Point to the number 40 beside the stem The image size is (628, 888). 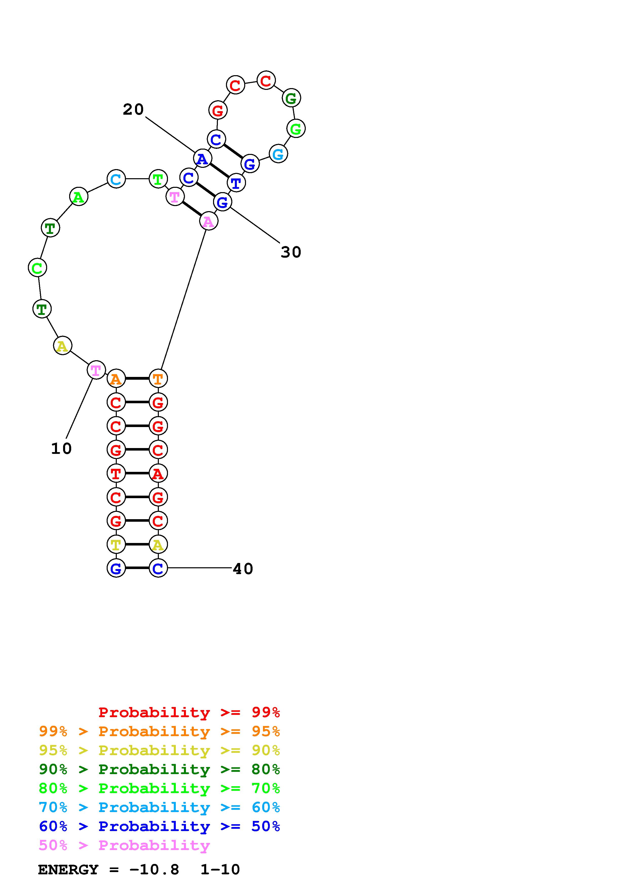click(x=243, y=569)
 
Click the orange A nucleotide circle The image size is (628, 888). click(x=116, y=379)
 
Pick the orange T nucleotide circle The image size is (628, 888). click(x=158, y=379)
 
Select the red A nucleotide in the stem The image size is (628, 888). click(x=158, y=473)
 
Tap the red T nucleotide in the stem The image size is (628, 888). click(x=116, y=473)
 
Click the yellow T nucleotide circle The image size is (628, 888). click(x=116, y=544)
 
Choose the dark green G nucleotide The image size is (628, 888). click(x=291, y=98)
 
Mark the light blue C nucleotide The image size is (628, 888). click(x=116, y=179)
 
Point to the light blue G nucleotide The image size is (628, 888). click(x=278, y=154)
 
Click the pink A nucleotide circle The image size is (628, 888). click(x=208, y=221)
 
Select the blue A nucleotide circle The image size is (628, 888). click(x=202, y=158)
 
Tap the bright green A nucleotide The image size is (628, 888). click(x=79, y=197)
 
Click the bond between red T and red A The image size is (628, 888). click(x=137, y=473)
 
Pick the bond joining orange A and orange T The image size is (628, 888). click(x=137, y=379)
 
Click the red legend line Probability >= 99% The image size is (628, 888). click(x=189, y=712)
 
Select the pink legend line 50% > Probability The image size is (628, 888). click(x=124, y=845)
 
